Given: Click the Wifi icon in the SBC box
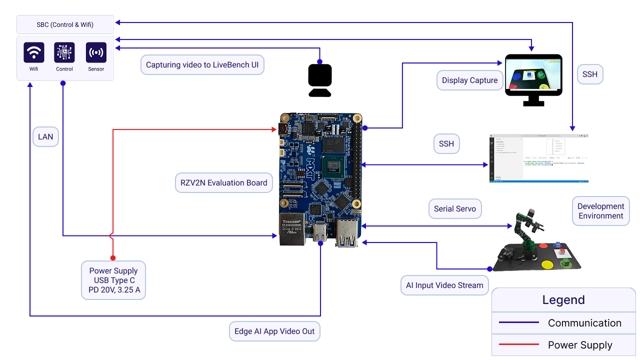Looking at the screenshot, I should [34, 52].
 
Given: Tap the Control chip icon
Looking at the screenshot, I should [64, 52].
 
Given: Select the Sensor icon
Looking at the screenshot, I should [96, 52].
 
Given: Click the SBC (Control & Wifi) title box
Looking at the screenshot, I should [65, 24].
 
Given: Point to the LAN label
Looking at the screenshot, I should [45, 136].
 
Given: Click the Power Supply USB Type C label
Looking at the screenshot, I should [113, 280].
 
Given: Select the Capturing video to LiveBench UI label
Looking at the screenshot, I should [202, 65].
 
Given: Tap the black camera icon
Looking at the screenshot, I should [320, 80].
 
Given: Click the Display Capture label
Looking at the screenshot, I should [469, 80].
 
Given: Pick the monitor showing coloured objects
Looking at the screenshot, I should [533, 75].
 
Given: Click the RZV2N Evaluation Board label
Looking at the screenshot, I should [223, 182].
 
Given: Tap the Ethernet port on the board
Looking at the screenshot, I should [292, 229].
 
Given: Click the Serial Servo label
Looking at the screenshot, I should [454, 208].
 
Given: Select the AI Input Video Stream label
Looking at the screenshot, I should [444, 285].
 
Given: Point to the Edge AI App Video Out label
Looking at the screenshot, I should [274, 331].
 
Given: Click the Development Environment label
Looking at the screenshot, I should [600, 211].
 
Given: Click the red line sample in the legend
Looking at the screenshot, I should [515, 344].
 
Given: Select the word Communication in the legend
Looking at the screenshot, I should [584, 323].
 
